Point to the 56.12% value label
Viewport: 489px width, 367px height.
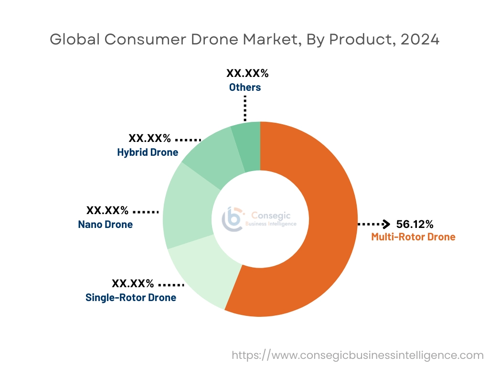point(415,224)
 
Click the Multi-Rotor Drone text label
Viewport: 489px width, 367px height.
point(413,237)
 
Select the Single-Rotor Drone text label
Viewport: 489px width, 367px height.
point(131,297)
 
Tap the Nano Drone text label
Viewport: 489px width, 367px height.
point(106,224)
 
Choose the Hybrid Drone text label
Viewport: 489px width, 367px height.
point(148,152)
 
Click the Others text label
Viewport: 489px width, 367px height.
point(245,87)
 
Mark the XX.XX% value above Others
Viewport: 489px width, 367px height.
point(247,74)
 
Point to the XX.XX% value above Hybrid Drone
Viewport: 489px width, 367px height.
point(149,139)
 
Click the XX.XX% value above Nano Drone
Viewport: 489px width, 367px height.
point(107,210)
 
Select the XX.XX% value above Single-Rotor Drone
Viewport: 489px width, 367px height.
point(133,283)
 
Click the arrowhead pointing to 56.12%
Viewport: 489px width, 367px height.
point(387,224)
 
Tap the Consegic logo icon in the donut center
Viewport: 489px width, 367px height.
point(233,219)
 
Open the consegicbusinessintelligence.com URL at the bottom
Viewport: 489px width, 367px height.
point(358,355)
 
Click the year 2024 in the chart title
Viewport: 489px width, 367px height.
point(420,40)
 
